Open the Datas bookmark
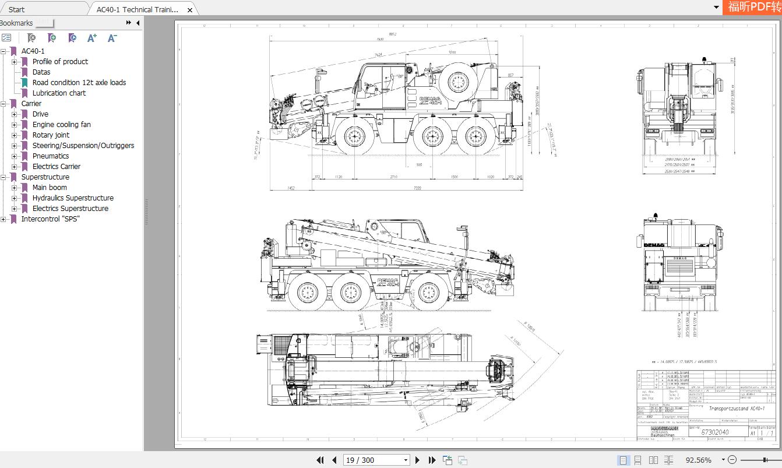click(41, 72)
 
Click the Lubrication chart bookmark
click(58, 93)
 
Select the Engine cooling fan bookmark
click(61, 125)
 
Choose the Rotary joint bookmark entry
click(51, 135)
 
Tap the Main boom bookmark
click(50, 188)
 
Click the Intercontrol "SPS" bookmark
click(50, 219)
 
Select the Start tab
click(17, 9)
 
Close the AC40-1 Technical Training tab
click(190, 10)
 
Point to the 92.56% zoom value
click(698, 460)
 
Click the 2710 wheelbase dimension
click(394, 177)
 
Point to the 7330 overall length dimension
click(417, 188)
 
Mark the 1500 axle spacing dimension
click(454, 177)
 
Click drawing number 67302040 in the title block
click(714, 432)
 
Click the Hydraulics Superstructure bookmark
click(73, 198)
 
